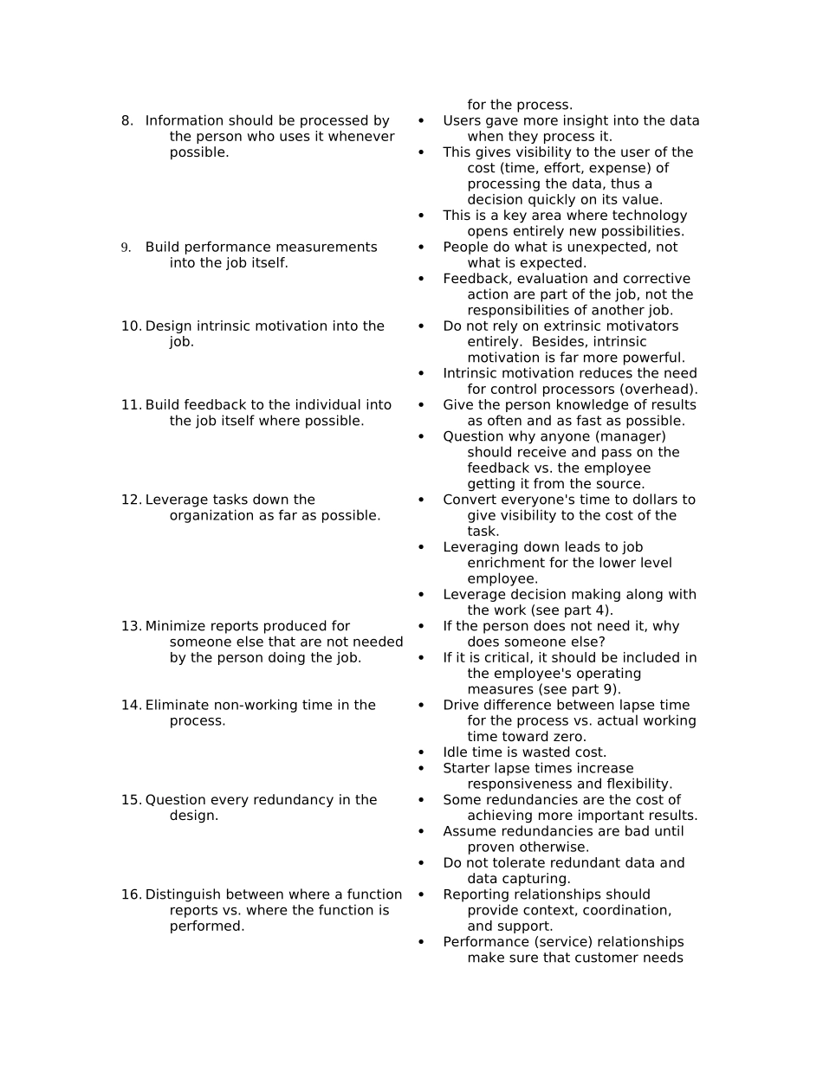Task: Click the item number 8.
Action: [x=126, y=121]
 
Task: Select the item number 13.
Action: [x=131, y=626]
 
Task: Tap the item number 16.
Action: [x=131, y=894]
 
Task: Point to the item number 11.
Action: [x=131, y=405]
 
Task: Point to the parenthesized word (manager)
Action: [x=630, y=436]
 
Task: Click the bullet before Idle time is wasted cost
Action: [x=421, y=752]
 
